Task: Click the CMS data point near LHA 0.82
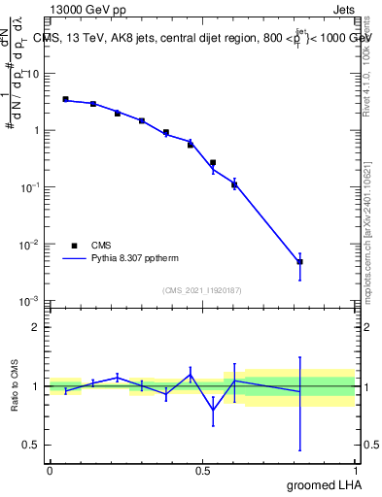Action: (x=300, y=262)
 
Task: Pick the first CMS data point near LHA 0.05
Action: (x=65, y=99)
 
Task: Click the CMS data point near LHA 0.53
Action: (x=213, y=162)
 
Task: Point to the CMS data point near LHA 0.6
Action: (x=234, y=184)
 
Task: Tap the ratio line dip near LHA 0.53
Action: (x=213, y=410)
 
